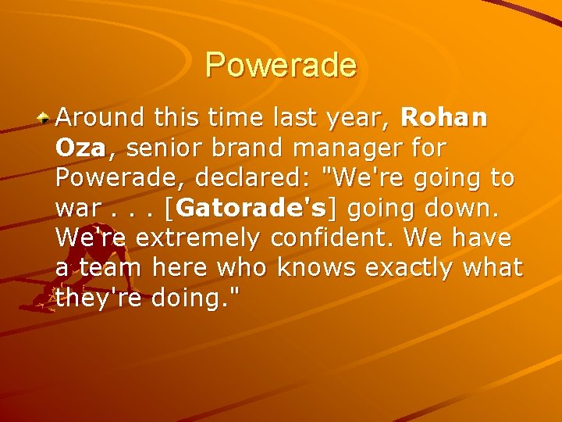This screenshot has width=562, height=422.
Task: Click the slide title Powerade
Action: [281, 65]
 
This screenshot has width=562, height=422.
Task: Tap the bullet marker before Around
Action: [46, 119]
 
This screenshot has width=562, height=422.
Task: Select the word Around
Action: [101, 118]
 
